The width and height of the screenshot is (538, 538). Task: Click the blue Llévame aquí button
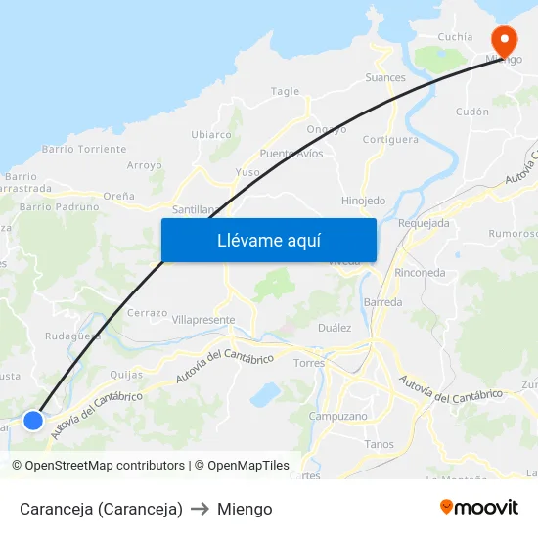pos(268,240)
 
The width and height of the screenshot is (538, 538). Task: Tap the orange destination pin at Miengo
pos(505,42)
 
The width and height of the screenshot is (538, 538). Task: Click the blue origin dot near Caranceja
pos(33,420)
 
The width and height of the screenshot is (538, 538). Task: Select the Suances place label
pos(385,77)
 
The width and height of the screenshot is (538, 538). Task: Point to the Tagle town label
pos(285,91)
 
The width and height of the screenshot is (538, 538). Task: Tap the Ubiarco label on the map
pos(211,134)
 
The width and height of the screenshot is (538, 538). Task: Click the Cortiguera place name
pos(390,139)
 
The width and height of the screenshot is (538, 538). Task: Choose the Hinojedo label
pos(363,201)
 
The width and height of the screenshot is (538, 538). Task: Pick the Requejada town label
pos(425,223)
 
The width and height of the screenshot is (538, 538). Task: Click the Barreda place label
pos(382,302)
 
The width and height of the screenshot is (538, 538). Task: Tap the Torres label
pos(309,363)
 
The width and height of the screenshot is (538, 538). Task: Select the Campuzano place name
pos(338,416)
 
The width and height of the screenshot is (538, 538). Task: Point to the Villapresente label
pos(203,320)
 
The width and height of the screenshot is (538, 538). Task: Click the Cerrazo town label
pos(147,312)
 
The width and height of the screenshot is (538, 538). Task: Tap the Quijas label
pos(127,374)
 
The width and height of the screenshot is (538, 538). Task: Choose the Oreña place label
pos(118,196)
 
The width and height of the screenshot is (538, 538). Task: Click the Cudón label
pos(472,112)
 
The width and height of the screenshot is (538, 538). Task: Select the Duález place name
pos(335,328)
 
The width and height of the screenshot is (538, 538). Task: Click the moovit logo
pos(479,507)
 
